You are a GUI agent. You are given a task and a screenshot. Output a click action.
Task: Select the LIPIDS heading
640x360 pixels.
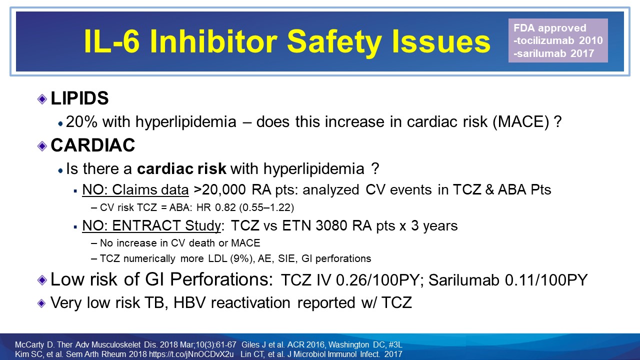tap(79, 98)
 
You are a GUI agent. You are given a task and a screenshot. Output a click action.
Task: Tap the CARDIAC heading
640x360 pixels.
tap(93, 145)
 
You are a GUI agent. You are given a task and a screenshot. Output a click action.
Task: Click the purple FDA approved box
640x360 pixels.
tap(558, 40)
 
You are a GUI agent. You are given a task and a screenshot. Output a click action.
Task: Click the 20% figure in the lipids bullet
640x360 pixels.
tap(79, 122)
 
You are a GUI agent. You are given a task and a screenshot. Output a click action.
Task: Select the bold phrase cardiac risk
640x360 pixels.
tap(182, 169)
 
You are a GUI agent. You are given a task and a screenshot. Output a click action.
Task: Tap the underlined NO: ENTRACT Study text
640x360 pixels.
tap(152, 225)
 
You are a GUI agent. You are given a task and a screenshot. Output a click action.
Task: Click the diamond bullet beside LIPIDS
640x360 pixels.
tap(42, 99)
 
